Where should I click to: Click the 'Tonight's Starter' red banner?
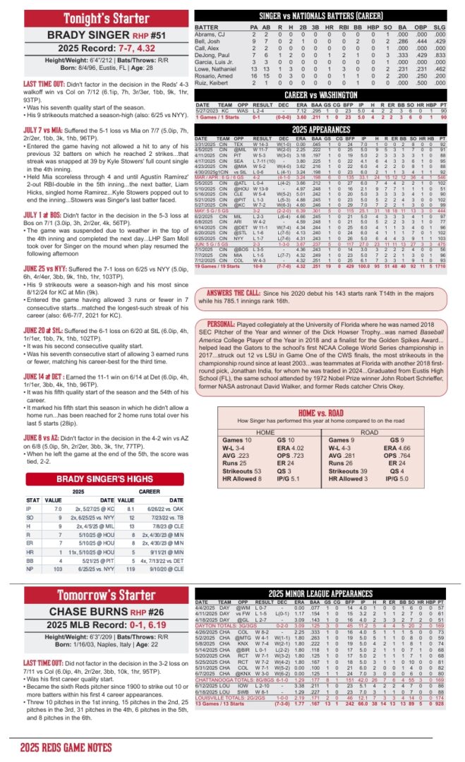coord(97,18)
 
